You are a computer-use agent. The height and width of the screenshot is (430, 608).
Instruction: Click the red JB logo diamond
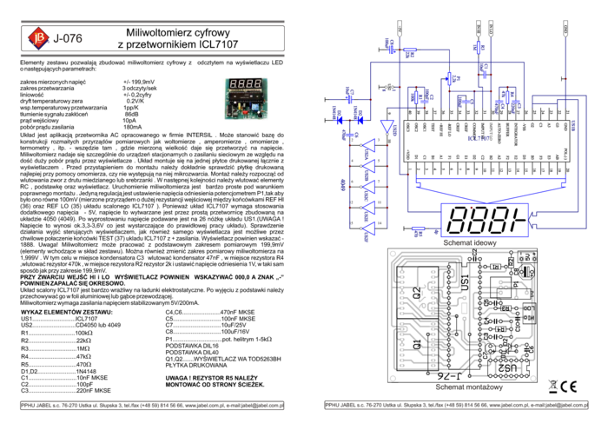[x=36, y=37]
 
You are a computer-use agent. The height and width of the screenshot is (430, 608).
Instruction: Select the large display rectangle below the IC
[x=484, y=219]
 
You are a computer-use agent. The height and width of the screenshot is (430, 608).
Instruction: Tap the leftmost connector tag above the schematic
[x=400, y=26]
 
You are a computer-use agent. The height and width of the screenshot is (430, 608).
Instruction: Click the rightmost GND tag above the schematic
[x=565, y=26]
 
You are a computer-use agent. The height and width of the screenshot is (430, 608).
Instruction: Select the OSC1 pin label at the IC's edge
[x=407, y=128]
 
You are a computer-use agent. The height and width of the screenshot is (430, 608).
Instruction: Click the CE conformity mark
[x=568, y=387]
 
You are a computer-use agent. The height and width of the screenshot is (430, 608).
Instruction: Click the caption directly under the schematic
[x=470, y=243]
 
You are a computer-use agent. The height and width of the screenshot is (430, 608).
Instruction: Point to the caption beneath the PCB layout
[x=469, y=388]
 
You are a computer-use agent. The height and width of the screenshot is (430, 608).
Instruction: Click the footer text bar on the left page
[x=152, y=405]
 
